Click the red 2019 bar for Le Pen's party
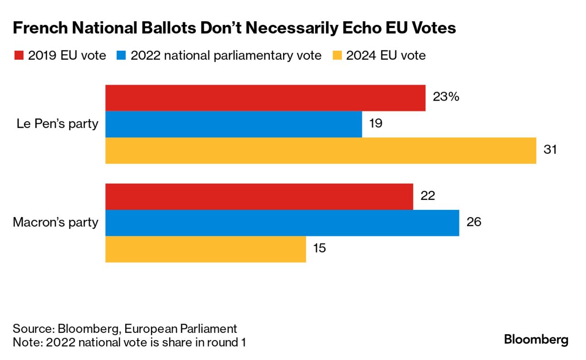point(265,98)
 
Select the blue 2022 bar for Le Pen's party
point(234,124)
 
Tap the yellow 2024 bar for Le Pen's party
point(321,151)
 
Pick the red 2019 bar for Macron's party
point(259,197)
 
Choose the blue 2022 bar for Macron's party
point(282,223)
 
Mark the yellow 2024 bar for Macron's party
point(205,249)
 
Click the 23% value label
point(446,97)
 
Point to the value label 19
point(376,123)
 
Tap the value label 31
point(550,150)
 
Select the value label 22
point(428,196)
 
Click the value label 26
point(474,222)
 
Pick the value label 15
point(319,248)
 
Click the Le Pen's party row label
point(57,124)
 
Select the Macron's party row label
point(55,223)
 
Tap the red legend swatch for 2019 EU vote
point(19,56)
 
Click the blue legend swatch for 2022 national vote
point(121,56)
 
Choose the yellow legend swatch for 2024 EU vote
point(337,56)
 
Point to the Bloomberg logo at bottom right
point(536,340)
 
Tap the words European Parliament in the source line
point(181,329)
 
